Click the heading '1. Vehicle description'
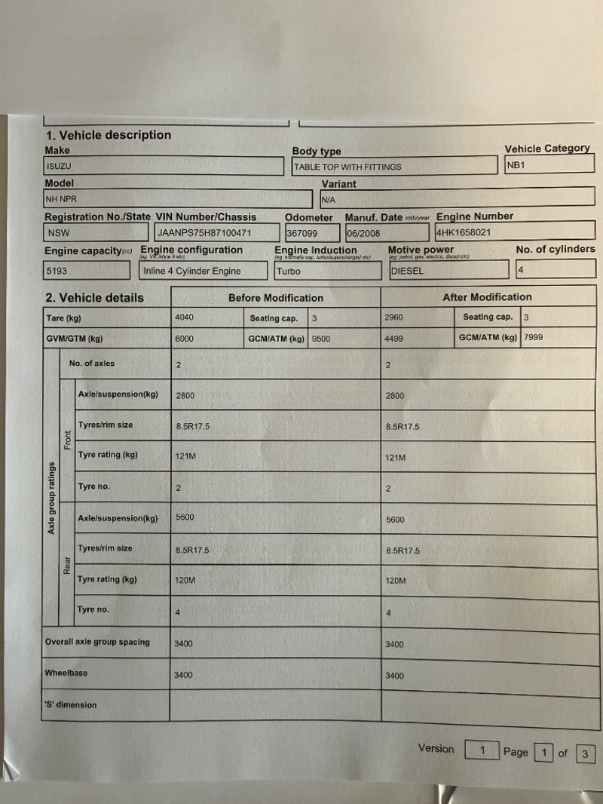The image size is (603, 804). (x=109, y=136)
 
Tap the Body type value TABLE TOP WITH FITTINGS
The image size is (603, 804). (x=347, y=167)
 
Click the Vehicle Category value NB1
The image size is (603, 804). (x=516, y=164)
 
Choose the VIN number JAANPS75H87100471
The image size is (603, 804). (x=204, y=234)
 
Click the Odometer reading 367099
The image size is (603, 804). (x=302, y=234)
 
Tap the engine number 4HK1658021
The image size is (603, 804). (x=463, y=232)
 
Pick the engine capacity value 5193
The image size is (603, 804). (x=57, y=271)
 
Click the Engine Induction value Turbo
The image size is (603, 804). (x=289, y=272)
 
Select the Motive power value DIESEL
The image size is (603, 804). (x=407, y=271)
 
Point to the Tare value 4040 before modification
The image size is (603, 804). (x=184, y=318)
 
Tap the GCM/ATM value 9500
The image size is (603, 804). (x=321, y=339)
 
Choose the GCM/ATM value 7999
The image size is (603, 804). (x=533, y=337)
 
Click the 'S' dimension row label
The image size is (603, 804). (x=71, y=705)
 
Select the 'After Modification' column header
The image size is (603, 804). (x=487, y=297)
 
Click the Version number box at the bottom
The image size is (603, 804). (x=482, y=750)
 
